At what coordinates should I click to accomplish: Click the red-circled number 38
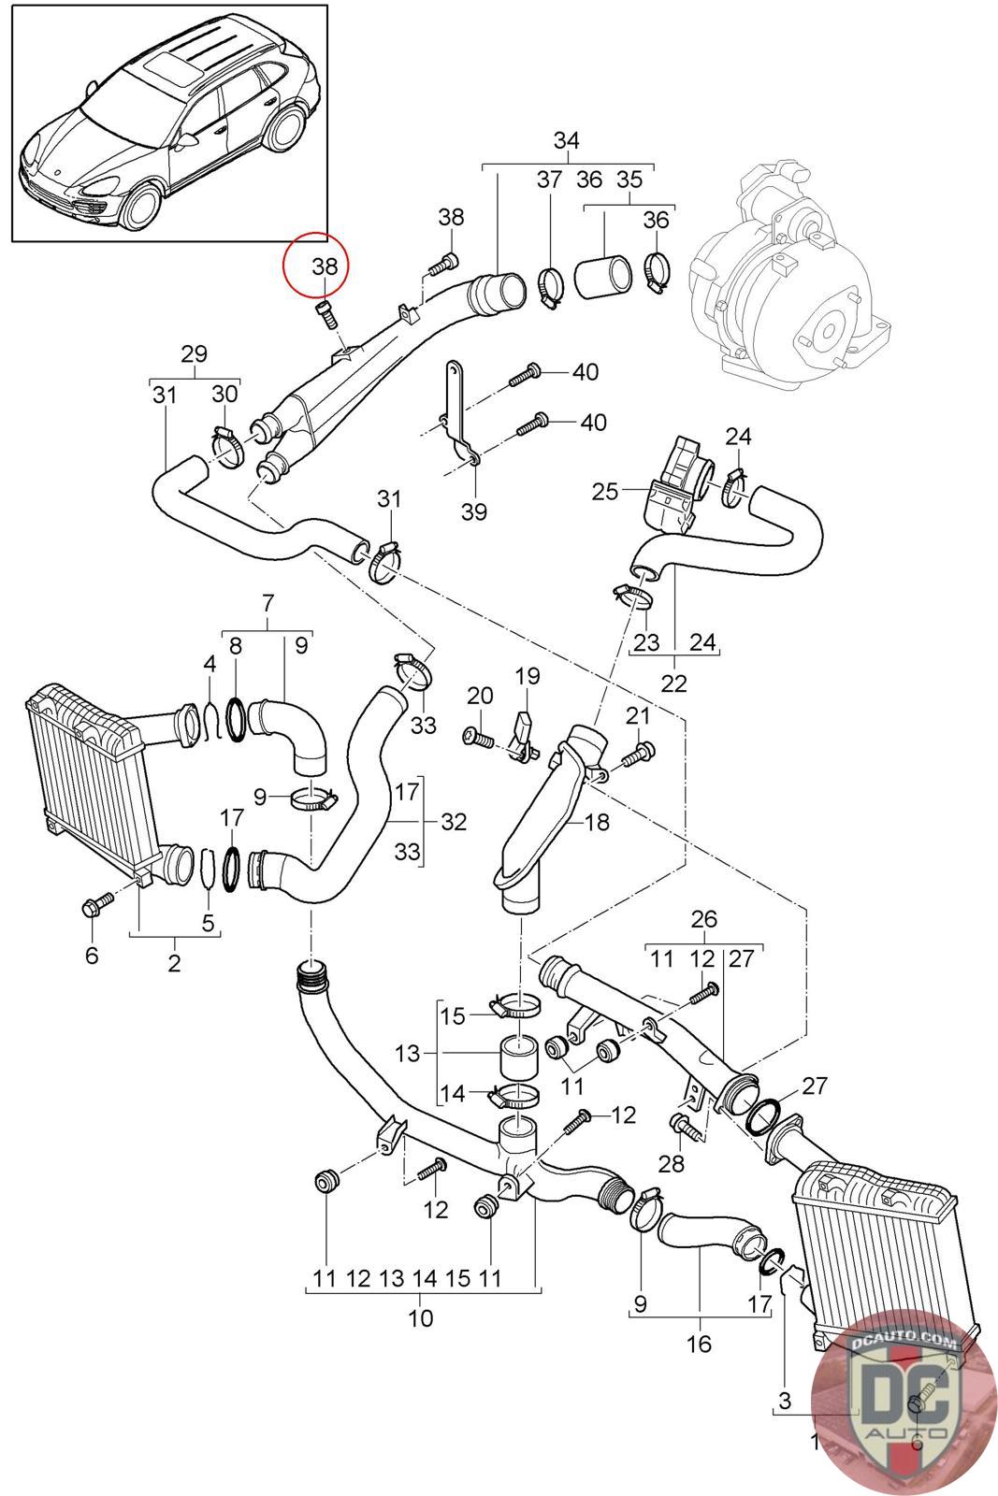pos(325,266)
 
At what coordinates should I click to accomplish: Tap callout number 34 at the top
pos(566,140)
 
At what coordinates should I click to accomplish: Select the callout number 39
pos(474,511)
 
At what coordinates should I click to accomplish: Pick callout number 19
pos(528,675)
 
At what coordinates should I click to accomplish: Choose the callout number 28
pos(672,1163)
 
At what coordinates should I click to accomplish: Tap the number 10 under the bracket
pos(421,1318)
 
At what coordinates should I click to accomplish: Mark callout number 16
pos(699,1344)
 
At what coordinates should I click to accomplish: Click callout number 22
pos(673,683)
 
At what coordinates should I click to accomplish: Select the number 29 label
pos(194,354)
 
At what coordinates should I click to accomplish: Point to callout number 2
pos(175,963)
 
